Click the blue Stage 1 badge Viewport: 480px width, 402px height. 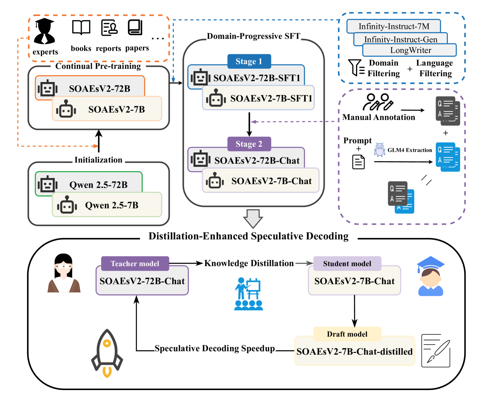pos(249,61)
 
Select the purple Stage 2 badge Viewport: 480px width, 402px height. pos(249,144)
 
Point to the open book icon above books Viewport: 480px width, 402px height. pos(81,28)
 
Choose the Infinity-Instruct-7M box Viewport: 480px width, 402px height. pos(394,26)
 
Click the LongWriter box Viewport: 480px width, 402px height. pos(410,50)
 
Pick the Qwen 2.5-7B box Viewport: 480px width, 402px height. pos(107,205)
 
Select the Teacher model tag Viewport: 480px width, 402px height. pos(135,264)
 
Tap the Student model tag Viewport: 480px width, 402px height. pos(347,264)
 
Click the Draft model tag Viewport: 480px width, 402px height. pos(347,334)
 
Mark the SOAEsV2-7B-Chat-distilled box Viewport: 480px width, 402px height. pos(354,351)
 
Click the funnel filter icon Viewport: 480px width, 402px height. pos(356,68)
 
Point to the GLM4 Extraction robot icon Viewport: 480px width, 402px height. pos(380,150)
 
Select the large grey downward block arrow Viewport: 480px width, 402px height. pos(253,218)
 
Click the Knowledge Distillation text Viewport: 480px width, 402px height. pos(249,263)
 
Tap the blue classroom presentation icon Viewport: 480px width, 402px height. pos(248,294)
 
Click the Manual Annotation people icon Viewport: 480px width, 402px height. pos(378,102)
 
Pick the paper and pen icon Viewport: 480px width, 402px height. pos(436,351)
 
